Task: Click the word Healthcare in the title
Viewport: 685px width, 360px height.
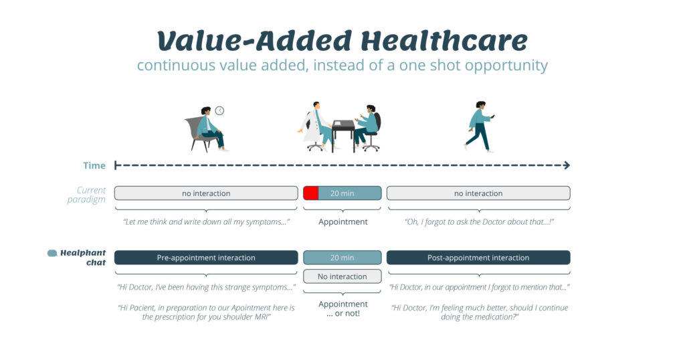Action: pyautogui.click(x=444, y=41)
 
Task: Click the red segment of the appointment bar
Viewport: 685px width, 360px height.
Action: pyautogui.click(x=310, y=193)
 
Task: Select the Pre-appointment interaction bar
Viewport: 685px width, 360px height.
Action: pyautogui.click(x=206, y=258)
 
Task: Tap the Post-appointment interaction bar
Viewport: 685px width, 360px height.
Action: pyautogui.click(x=478, y=258)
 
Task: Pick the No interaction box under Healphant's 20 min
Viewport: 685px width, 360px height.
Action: pyautogui.click(x=342, y=276)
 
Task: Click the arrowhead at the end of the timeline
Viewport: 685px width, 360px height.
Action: pyautogui.click(x=567, y=165)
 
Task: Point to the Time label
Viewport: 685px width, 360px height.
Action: pyautogui.click(x=94, y=165)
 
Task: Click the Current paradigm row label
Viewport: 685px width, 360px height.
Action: pyautogui.click(x=86, y=195)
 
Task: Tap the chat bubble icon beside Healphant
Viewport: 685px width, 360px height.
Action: pyautogui.click(x=52, y=253)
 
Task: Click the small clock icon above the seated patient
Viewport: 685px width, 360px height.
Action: pyautogui.click(x=219, y=110)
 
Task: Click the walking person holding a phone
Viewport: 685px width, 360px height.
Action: pyautogui.click(x=480, y=126)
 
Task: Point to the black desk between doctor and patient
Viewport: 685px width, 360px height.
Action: pyautogui.click(x=343, y=134)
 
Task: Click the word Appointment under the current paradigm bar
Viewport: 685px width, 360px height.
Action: pyautogui.click(x=343, y=222)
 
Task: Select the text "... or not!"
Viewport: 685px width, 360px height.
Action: pyautogui.click(x=343, y=314)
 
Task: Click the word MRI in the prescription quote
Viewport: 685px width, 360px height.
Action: pyautogui.click(x=262, y=317)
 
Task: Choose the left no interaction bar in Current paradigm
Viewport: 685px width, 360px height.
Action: pyautogui.click(x=206, y=193)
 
